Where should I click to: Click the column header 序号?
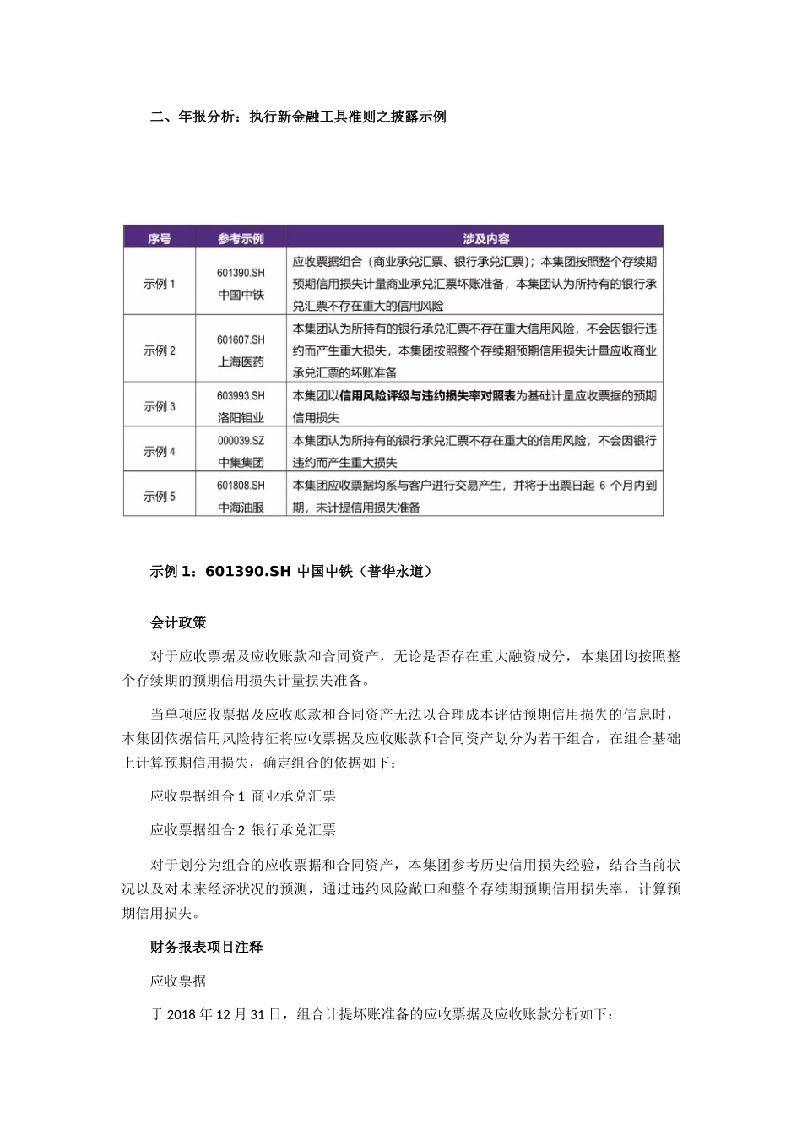(159, 238)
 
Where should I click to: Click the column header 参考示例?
(241, 238)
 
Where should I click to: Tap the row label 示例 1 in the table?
(159, 284)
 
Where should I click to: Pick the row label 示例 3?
(159, 406)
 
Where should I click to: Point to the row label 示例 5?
(159, 497)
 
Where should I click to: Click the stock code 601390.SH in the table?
(241, 273)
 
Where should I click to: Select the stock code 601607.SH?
(241, 339)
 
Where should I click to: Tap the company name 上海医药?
(241, 361)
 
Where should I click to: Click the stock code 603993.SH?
(241, 395)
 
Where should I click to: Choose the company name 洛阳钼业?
(241, 417)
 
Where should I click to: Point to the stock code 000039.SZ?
(241, 440)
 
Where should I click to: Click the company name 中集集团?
(241, 462)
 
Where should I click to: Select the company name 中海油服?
(241, 508)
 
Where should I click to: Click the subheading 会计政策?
(178, 622)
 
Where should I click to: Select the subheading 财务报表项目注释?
(206, 948)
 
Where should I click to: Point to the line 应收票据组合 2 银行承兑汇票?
(243, 829)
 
